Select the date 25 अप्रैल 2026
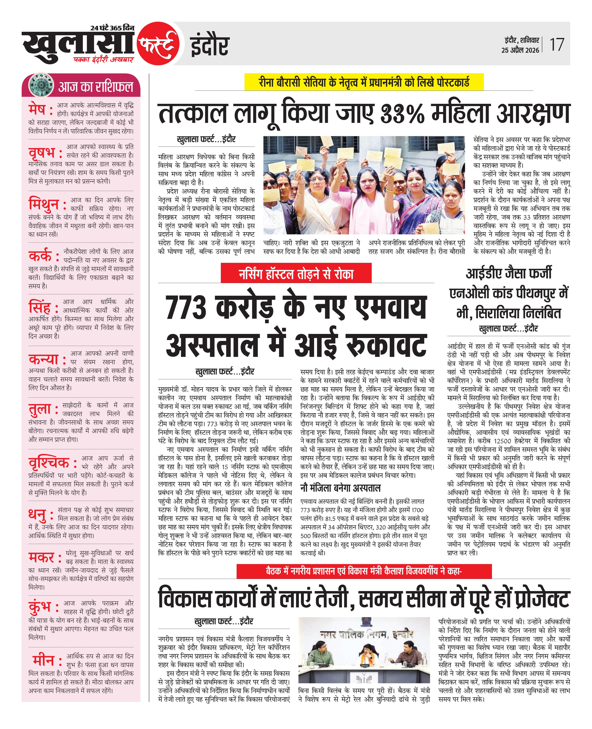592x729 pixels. click(520, 50)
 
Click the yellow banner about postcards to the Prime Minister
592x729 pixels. click(364, 82)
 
